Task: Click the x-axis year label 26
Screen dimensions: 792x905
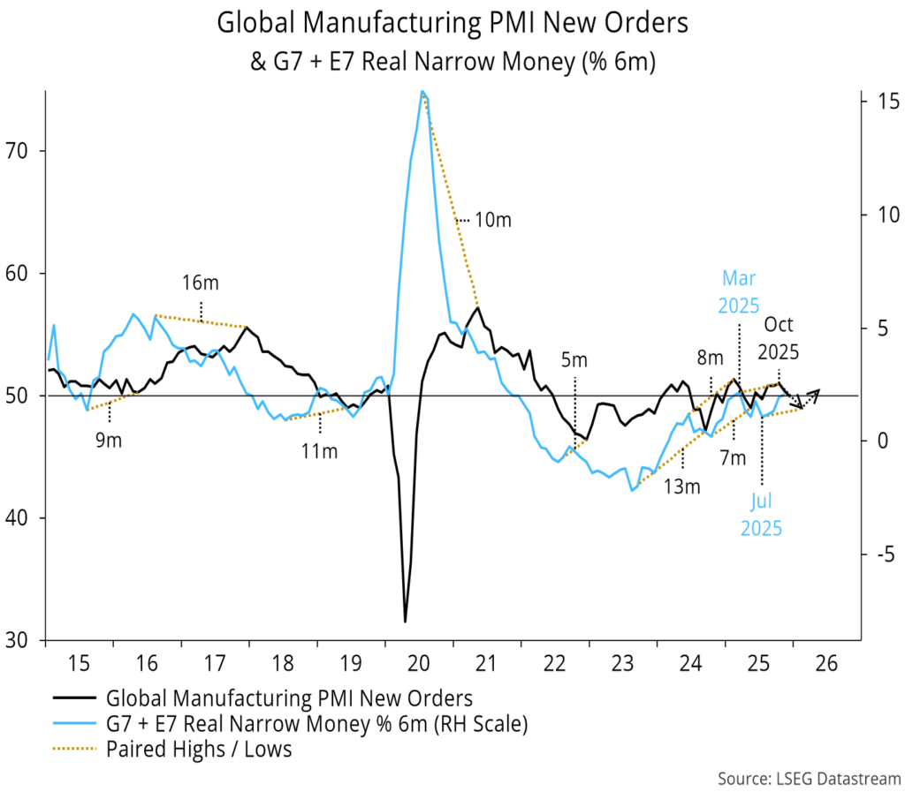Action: pyautogui.click(x=827, y=661)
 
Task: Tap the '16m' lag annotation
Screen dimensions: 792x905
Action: pyautogui.click(x=201, y=283)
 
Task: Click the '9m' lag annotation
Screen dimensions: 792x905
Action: pyautogui.click(x=109, y=441)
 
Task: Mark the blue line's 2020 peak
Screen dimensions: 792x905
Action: pyautogui.click(x=422, y=91)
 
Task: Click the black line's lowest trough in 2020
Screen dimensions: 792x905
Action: pyautogui.click(x=405, y=622)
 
